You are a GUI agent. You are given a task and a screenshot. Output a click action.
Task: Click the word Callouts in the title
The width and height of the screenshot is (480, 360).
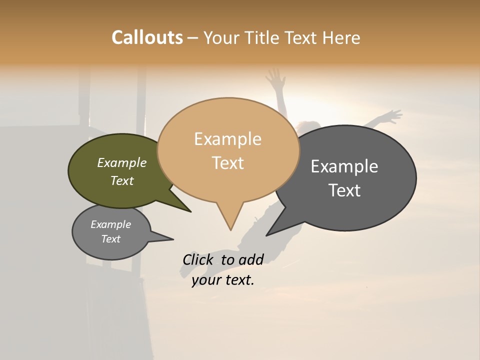point(147,37)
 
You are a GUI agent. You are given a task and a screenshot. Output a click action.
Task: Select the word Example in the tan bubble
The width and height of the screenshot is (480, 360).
point(227,139)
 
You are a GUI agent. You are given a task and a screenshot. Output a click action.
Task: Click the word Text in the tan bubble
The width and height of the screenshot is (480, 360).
point(227,163)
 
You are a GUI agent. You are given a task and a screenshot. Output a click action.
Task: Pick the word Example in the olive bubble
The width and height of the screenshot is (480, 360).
point(121,163)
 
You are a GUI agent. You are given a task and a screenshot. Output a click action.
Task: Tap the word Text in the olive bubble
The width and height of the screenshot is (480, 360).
point(121,180)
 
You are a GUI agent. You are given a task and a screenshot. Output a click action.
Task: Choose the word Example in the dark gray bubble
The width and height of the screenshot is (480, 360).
point(344,166)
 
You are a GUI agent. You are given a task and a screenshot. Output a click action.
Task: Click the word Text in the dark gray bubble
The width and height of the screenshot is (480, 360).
point(344,190)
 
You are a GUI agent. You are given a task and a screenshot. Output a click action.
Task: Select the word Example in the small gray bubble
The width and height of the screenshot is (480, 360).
point(110,224)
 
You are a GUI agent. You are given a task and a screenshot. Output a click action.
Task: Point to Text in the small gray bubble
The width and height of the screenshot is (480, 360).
point(110,239)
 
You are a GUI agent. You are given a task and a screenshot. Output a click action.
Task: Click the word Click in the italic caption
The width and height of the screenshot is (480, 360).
point(197,259)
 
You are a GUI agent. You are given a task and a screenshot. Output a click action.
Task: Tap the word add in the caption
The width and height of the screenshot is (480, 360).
point(250,259)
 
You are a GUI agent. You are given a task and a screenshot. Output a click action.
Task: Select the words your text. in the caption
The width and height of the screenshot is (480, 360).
point(222,280)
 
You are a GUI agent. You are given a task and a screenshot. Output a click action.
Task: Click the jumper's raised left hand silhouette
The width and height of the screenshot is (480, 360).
point(274,77)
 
